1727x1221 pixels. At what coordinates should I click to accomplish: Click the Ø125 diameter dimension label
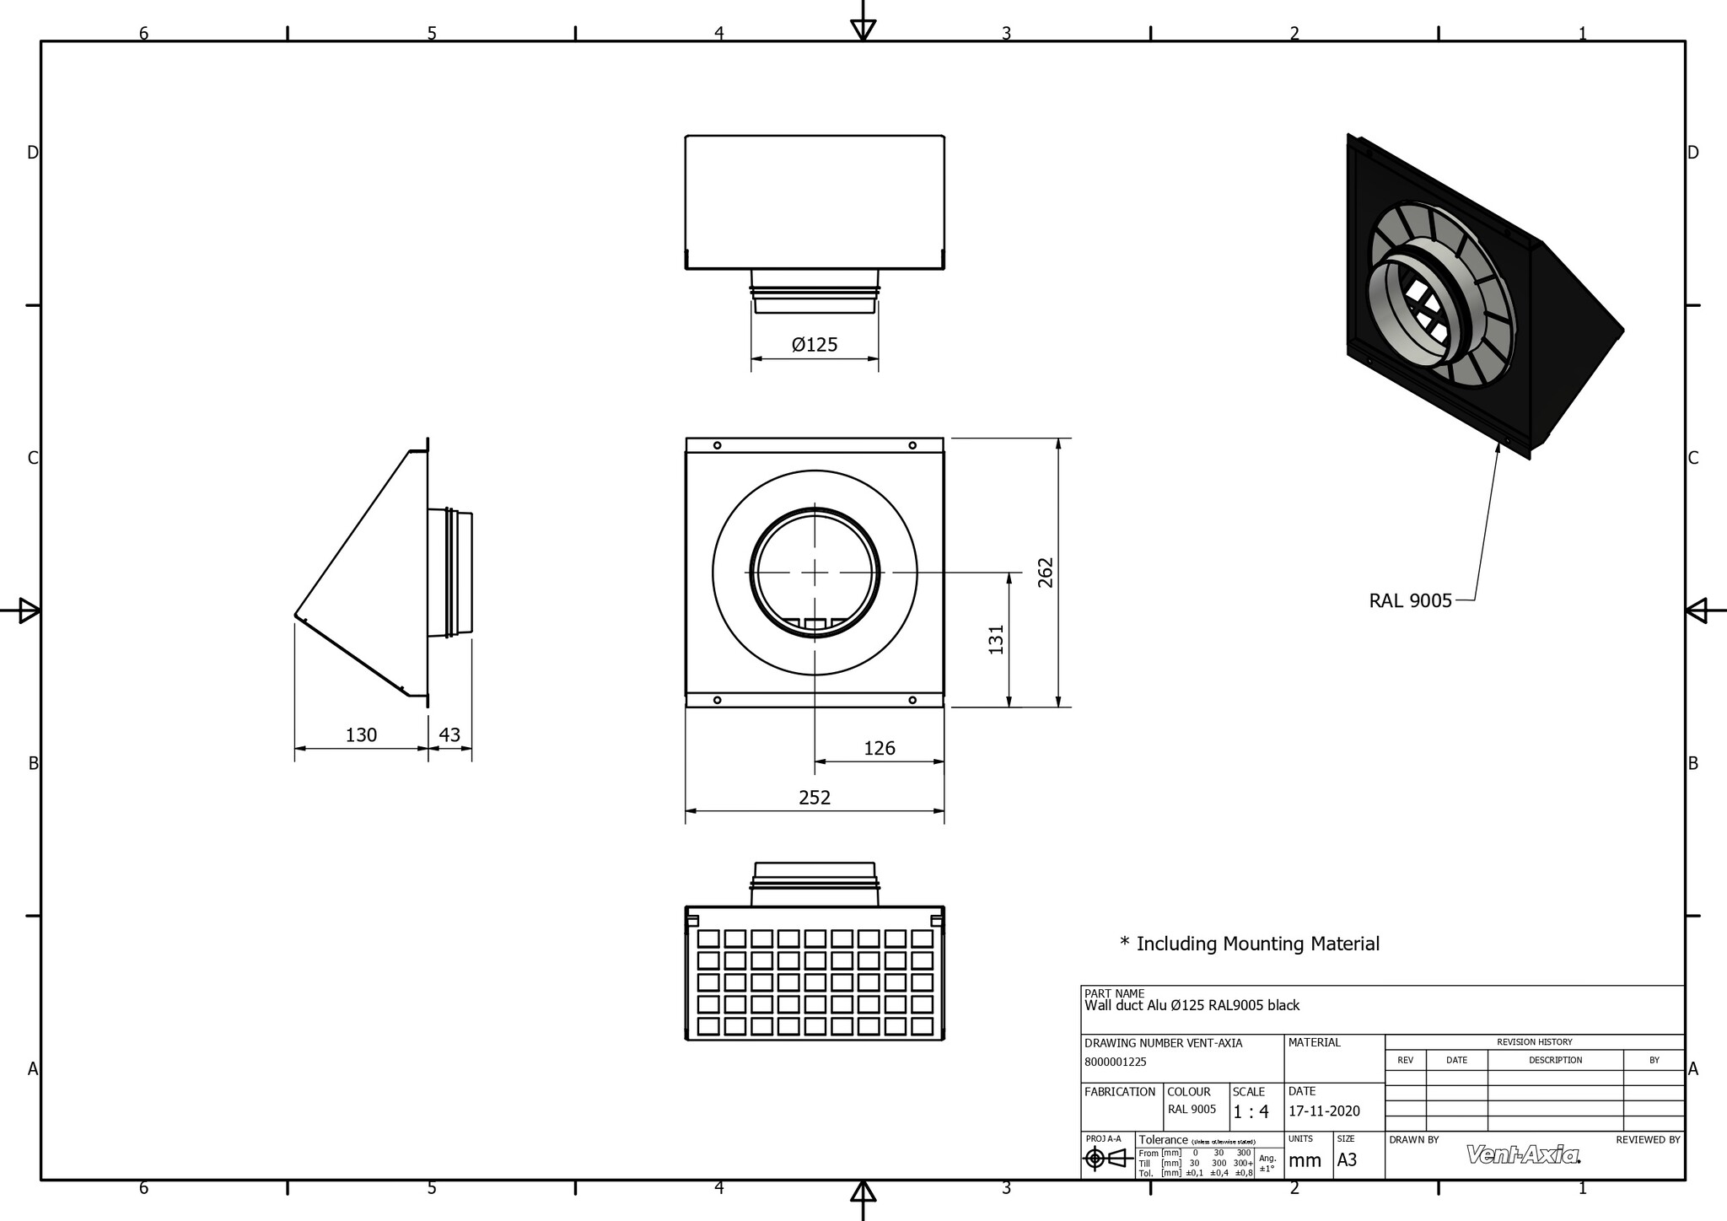pyautogui.click(x=815, y=344)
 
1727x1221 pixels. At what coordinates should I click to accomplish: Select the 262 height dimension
pyautogui.click(x=1046, y=573)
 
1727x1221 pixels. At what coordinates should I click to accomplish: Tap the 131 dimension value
pyautogui.click(x=997, y=639)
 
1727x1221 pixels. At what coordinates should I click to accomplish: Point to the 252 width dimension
pyautogui.click(x=815, y=797)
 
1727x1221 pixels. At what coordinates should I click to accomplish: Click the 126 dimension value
pyautogui.click(x=879, y=748)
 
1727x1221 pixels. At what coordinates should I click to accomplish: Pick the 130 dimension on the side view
pyautogui.click(x=361, y=734)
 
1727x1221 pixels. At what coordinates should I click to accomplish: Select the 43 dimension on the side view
pyautogui.click(x=449, y=734)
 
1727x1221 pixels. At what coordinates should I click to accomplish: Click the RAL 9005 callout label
pyautogui.click(x=1410, y=600)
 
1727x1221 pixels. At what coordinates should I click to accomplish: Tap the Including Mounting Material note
pyautogui.click(x=1250, y=944)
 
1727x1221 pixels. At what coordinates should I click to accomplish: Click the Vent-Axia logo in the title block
pyautogui.click(x=1523, y=1154)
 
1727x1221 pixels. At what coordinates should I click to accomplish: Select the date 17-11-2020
pyautogui.click(x=1324, y=1111)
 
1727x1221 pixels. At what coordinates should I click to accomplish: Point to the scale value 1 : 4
pyautogui.click(x=1251, y=1111)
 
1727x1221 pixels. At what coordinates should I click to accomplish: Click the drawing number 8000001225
pyautogui.click(x=1115, y=1062)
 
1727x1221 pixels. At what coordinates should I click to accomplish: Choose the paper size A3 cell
pyautogui.click(x=1347, y=1159)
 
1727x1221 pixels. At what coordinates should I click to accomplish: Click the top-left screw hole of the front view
pyautogui.click(x=717, y=445)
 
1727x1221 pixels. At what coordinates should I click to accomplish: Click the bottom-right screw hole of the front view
pyautogui.click(x=912, y=700)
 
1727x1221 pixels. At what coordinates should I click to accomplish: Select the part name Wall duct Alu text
pyautogui.click(x=1192, y=1005)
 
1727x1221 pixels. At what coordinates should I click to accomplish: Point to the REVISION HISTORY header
pyautogui.click(x=1534, y=1042)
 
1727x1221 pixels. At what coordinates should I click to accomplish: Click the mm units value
pyautogui.click(x=1305, y=1160)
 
